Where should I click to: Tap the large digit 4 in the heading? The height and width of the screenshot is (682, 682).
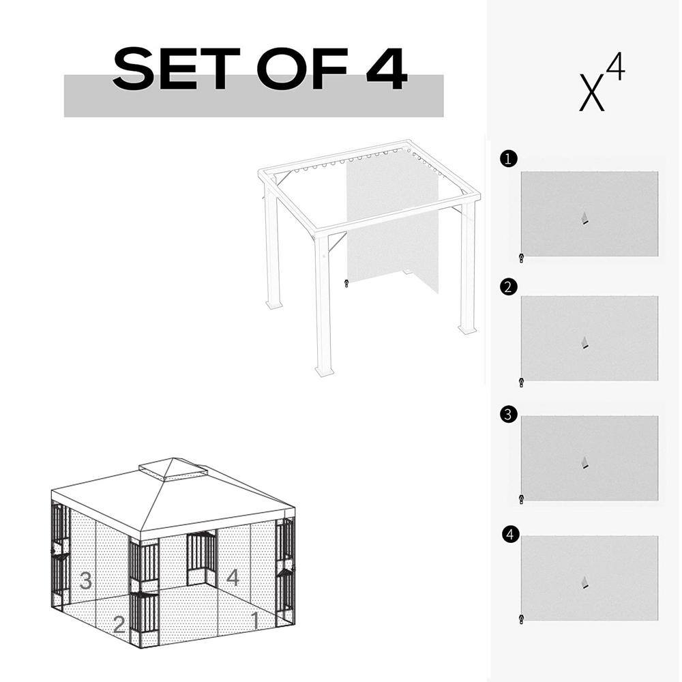tap(386, 70)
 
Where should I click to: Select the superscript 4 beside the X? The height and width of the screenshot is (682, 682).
tap(616, 70)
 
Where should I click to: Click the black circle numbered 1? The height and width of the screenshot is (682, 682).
tap(507, 160)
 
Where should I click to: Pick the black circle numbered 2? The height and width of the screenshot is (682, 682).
tap(507, 287)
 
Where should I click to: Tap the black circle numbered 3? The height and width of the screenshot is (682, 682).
tap(507, 415)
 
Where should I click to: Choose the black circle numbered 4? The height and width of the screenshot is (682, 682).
tap(507, 535)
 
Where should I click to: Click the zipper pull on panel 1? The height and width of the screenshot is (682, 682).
tap(522, 258)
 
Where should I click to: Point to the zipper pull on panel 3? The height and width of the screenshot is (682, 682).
tap(522, 499)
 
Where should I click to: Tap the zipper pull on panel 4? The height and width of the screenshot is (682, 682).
tap(522, 619)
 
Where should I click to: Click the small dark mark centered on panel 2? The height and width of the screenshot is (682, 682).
tap(584, 342)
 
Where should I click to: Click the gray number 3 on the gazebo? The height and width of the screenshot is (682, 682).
tap(85, 581)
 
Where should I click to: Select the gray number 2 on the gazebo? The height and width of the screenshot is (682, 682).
tap(119, 623)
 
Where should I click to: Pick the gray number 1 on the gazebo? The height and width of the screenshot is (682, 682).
tap(254, 620)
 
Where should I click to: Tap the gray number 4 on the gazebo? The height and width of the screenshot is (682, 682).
tap(233, 578)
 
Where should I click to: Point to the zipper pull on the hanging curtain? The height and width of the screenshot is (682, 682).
tap(346, 282)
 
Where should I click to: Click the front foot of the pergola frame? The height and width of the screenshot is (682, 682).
tap(323, 371)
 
